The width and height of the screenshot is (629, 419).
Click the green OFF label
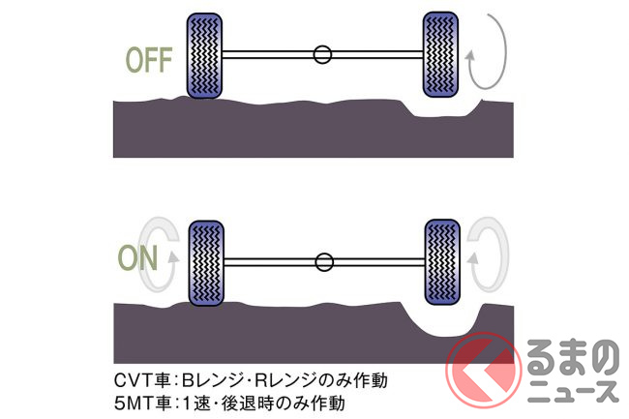(148, 60)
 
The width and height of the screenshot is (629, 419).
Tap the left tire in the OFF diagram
(204, 54)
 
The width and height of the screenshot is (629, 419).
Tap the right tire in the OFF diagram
(442, 54)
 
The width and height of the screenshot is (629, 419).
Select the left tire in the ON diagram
(204, 261)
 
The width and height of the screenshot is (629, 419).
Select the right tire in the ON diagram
(442, 261)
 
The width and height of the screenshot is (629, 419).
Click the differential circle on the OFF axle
(323, 54)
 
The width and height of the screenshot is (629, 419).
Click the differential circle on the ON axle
(323, 261)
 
